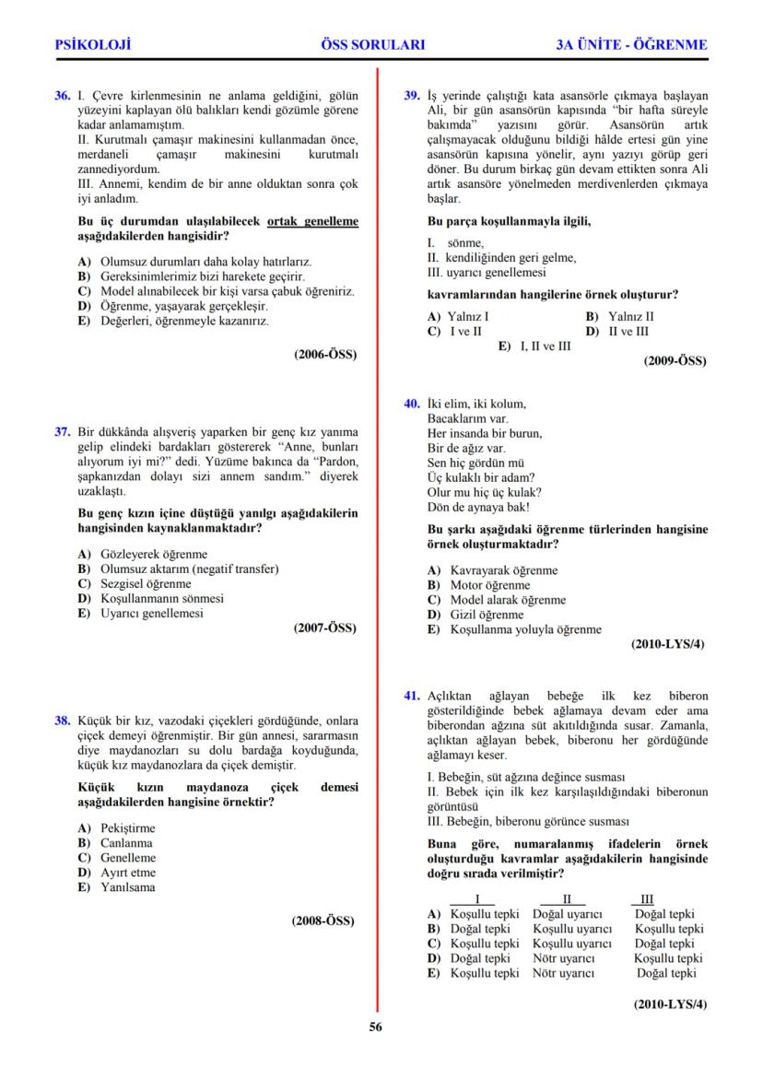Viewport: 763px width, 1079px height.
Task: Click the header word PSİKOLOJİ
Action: tap(93, 43)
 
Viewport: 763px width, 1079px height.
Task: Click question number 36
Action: tap(63, 95)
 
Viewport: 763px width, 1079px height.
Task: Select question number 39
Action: tap(413, 95)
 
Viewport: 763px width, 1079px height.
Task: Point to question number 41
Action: tap(413, 696)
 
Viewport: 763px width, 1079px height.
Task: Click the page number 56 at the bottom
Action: tap(376, 1028)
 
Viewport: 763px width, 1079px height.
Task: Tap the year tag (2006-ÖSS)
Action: tap(325, 354)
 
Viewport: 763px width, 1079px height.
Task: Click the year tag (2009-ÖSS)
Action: tap(675, 361)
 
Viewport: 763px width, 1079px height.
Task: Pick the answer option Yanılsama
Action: tap(127, 887)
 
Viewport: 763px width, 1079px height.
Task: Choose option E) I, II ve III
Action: tap(534, 346)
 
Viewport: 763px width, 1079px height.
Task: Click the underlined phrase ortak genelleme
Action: tap(312, 222)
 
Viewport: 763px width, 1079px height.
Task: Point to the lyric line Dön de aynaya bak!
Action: tap(478, 507)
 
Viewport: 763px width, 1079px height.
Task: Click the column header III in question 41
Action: tap(646, 899)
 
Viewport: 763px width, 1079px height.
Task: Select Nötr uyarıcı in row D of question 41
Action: tap(563, 958)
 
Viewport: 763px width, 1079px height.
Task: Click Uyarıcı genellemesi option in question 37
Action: tap(151, 613)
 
